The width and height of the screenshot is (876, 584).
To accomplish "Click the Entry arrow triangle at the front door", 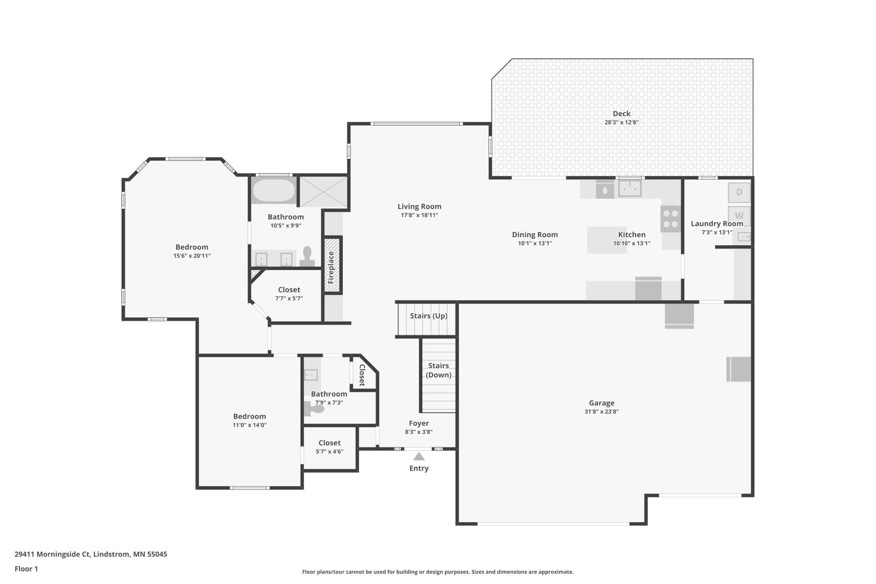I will point(419,456).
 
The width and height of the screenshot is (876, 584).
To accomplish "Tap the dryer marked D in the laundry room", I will point(739,192).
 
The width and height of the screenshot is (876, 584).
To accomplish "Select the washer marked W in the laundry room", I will point(739,215).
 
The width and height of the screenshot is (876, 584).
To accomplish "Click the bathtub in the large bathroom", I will point(274,191).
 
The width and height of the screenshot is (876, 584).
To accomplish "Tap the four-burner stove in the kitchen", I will point(670,219).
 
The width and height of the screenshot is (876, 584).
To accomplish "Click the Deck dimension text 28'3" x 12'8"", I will point(622,123).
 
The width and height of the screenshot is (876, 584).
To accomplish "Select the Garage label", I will point(601,403).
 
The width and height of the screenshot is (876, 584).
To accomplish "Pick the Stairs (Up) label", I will point(428,316).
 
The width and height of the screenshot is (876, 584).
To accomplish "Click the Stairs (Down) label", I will point(438,370).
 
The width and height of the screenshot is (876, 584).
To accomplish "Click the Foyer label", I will point(419,423).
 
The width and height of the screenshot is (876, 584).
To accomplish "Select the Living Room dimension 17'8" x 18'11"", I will point(419,215).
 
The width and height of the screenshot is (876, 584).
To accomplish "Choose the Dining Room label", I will point(535,235).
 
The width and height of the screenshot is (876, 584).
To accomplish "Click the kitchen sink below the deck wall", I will point(630,189).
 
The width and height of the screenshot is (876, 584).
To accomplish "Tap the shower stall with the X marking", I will point(323,192).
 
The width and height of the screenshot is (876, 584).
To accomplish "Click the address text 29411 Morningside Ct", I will point(52,554).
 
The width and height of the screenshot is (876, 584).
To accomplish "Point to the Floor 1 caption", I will point(26,569).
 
